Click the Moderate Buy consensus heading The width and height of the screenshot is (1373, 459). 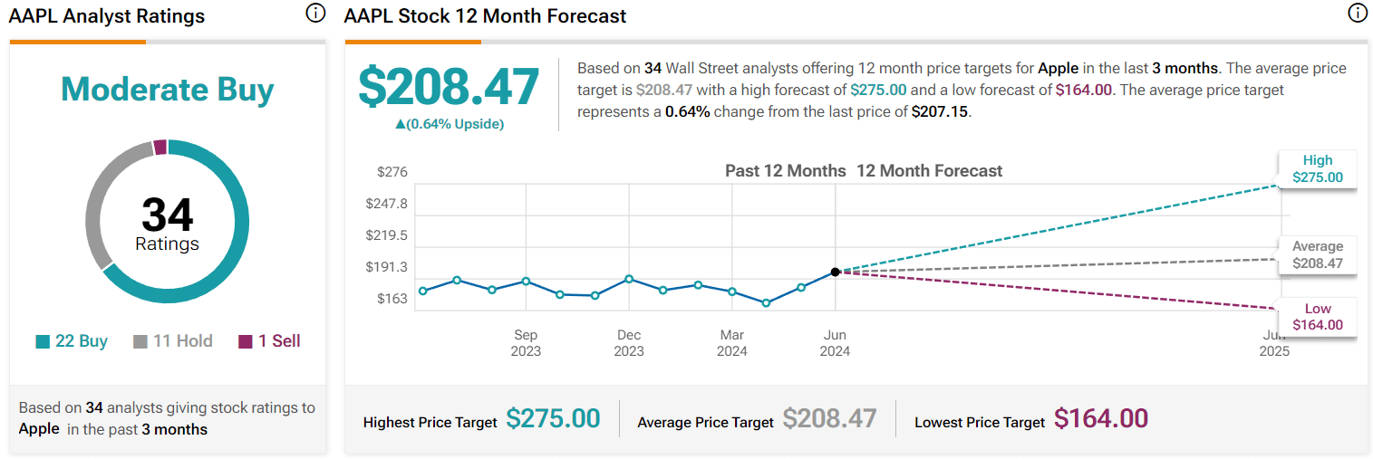167,90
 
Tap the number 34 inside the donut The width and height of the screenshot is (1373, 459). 168,215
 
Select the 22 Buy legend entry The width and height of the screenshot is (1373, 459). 72,341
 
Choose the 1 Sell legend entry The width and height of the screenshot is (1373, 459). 269,341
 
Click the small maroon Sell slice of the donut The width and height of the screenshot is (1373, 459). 160,148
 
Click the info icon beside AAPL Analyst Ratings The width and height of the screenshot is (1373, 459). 314,13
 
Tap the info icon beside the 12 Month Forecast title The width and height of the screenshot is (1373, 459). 1357,13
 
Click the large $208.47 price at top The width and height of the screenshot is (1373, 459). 449,87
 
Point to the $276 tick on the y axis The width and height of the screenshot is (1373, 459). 392,172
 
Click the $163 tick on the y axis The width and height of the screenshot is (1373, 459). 392,299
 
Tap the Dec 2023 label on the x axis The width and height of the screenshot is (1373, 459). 629,342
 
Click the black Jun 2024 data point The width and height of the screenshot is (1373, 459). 835,272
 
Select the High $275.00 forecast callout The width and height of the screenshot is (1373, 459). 1317,169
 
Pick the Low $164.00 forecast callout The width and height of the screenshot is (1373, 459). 1317,317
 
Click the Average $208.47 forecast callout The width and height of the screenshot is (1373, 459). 1317,255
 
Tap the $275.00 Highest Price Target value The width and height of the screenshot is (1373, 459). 553,419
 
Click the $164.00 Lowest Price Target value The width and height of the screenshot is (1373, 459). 1101,419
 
